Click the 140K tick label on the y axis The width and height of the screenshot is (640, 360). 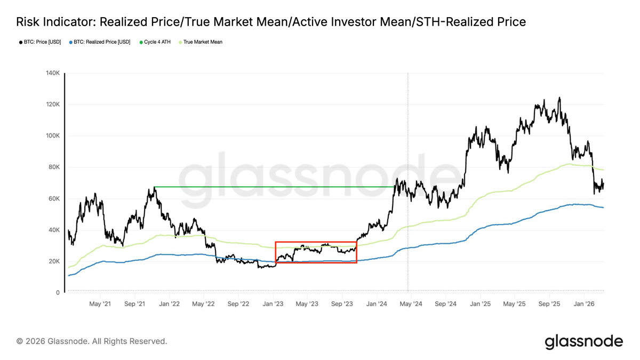tap(53, 73)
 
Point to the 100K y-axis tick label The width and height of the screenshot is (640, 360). tap(53, 135)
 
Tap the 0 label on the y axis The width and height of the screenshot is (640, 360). tap(58, 293)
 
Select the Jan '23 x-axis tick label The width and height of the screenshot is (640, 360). tap(273, 303)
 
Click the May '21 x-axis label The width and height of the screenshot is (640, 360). tap(100, 303)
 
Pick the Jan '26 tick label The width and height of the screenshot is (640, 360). tap(584, 303)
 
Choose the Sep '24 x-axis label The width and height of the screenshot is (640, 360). tap(446, 303)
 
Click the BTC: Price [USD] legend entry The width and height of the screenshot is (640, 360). tap(40, 42)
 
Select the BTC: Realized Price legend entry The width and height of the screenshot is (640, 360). tap(100, 42)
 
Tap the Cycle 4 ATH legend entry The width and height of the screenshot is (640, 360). tap(155, 42)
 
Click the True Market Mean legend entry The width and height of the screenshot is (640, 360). tap(201, 42)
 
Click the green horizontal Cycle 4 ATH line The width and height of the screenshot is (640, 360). tap(274, 187)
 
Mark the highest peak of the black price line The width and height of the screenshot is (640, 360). tap(559, 98)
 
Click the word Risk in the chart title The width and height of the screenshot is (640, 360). tap(28, 22)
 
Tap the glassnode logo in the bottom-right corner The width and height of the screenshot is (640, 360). tap(583, 341)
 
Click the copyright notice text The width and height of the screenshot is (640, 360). tap(92, 341)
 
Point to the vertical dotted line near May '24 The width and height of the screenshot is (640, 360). tap(408, 182)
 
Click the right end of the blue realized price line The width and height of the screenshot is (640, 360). tap(603, 207)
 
